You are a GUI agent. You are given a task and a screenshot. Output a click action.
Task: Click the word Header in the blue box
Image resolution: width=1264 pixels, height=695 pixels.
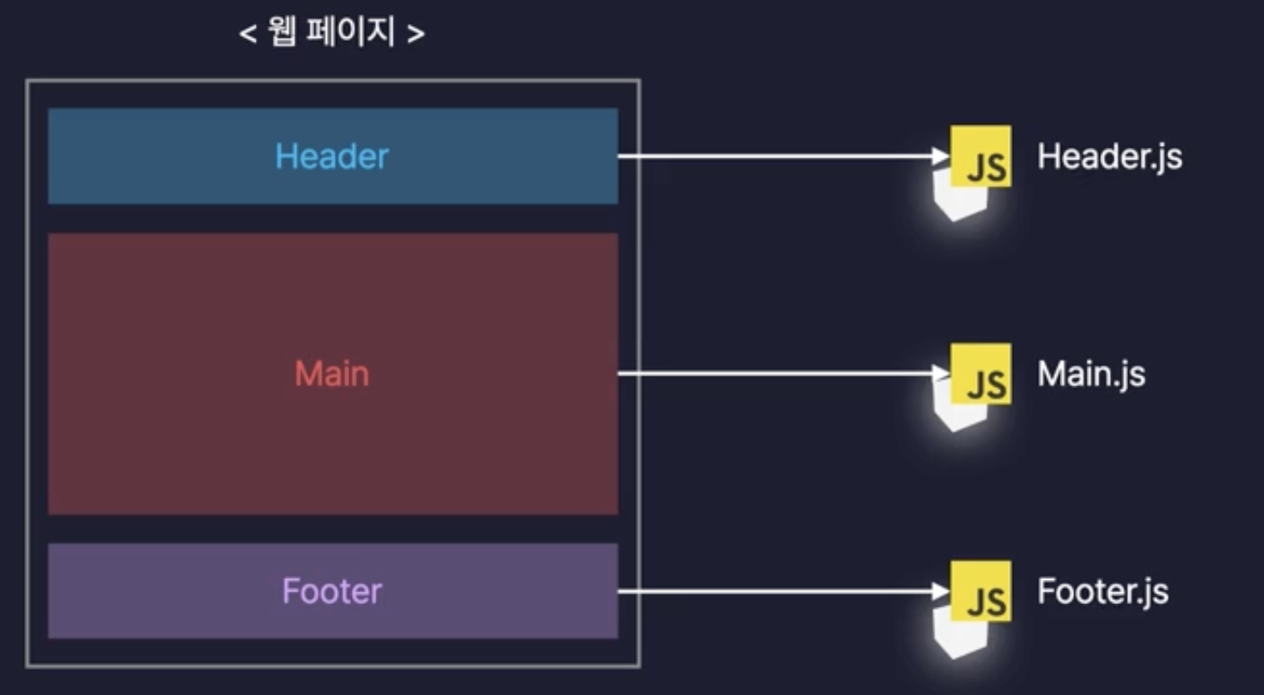(331, 157)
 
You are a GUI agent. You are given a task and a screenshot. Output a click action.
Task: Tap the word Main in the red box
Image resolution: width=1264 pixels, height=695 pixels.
(331, 374)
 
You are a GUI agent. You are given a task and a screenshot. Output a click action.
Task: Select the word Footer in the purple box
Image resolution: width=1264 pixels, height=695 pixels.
(331, 591)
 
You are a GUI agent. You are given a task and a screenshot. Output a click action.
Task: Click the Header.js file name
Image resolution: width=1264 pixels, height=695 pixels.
(1109, 157)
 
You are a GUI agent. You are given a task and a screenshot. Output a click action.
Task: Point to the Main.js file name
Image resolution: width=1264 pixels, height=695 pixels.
(1091, 374)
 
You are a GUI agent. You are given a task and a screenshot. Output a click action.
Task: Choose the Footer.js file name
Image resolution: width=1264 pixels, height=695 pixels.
(1103, 591)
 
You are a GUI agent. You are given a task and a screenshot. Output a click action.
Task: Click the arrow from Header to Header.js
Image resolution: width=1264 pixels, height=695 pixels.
(774, 156)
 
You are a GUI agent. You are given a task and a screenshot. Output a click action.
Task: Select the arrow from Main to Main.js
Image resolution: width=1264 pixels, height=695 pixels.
(774, 374)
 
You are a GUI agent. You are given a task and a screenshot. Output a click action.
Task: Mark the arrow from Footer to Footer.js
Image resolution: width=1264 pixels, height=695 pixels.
(774, 591)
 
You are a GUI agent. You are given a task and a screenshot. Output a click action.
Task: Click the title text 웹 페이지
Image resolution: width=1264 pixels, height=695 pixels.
(331, 34)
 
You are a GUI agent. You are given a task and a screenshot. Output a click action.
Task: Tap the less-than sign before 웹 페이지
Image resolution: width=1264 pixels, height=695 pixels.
(248, 35)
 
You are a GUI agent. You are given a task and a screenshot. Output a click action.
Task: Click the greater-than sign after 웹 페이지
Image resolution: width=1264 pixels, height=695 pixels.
(415, 35)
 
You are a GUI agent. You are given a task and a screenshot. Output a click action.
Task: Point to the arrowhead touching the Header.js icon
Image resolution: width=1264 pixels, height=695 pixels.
(942, 156)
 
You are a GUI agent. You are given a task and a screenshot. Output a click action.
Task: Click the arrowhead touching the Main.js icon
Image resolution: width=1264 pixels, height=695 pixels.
(942, 374)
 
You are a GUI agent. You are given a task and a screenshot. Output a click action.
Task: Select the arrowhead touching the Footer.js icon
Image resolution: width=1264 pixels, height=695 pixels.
(942, 591)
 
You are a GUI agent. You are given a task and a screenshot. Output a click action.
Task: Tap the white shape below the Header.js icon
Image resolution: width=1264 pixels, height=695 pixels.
(959, 200)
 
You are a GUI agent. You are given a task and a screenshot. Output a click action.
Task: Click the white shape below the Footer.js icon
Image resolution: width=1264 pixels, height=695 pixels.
(959, 635)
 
